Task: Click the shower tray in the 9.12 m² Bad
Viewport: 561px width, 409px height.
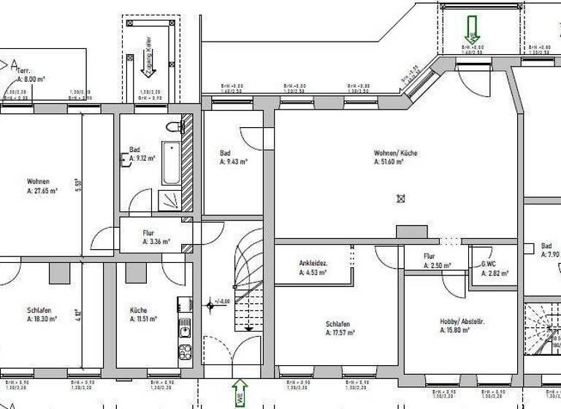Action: pos(169,200)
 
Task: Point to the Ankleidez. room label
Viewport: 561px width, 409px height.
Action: pos(313,264)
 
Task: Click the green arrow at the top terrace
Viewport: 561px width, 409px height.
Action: pos(472,28)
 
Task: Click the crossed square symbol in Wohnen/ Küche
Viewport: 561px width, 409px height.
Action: pos(400,198)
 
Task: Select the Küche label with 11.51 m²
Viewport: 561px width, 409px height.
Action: pos(139,310)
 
